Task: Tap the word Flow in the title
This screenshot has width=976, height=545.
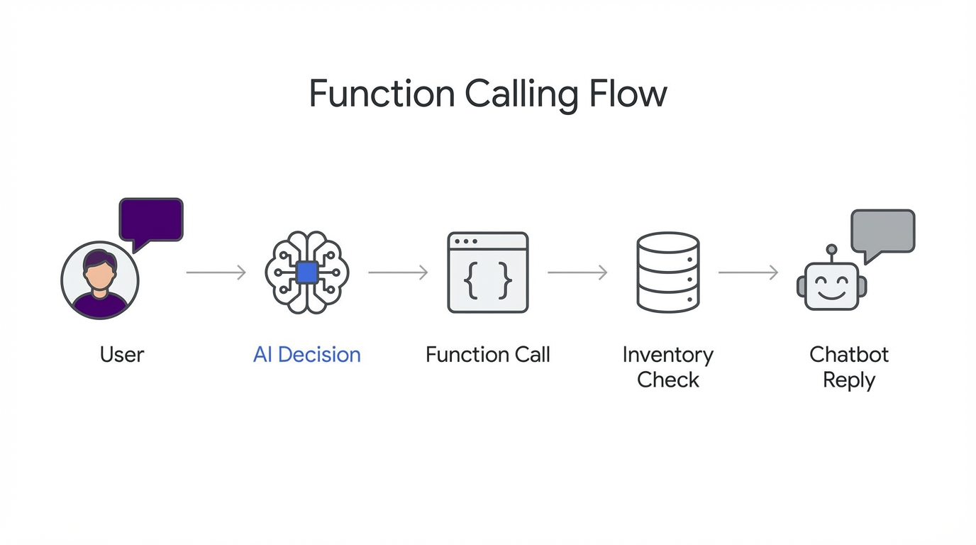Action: [628, 94]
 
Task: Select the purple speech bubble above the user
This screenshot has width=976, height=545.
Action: [151, 220]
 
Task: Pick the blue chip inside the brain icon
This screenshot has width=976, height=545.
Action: [306, 272]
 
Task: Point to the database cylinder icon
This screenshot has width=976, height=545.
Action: [668, 272]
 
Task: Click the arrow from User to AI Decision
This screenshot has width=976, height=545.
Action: [216, 272]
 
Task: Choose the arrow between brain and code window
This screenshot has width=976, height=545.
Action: [398, 272]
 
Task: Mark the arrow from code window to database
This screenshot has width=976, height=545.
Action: [577, 272]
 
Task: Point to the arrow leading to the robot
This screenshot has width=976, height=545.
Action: [748, 272]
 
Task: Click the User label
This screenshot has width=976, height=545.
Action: [122, 354]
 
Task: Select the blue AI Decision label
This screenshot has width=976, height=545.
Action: [306, 354]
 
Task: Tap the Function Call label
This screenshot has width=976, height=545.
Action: [488, 354]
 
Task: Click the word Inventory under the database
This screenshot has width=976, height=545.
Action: [668, 354]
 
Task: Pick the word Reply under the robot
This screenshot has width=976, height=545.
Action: [849, 380]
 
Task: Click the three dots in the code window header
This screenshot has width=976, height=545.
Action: [465, 241]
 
